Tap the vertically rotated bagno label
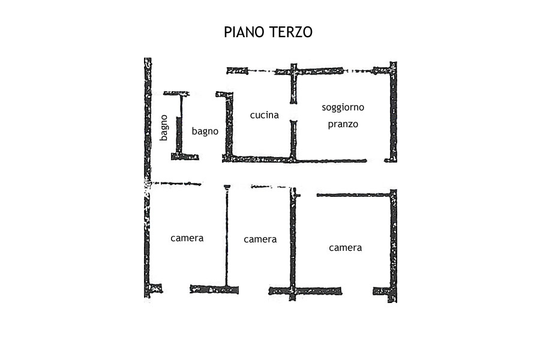[x=164, y=128]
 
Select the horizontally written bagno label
[x=205, y=131]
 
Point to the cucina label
[x=265, y=115]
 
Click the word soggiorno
[x=343, y=108]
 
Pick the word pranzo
[x=343, y=125]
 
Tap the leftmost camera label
[x=187, y=238]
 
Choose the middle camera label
[x=260, y=239]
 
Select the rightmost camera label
[x=345, y=247]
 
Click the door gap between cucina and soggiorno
[x=293, y=112]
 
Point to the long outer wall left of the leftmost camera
[x=147, y=240]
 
